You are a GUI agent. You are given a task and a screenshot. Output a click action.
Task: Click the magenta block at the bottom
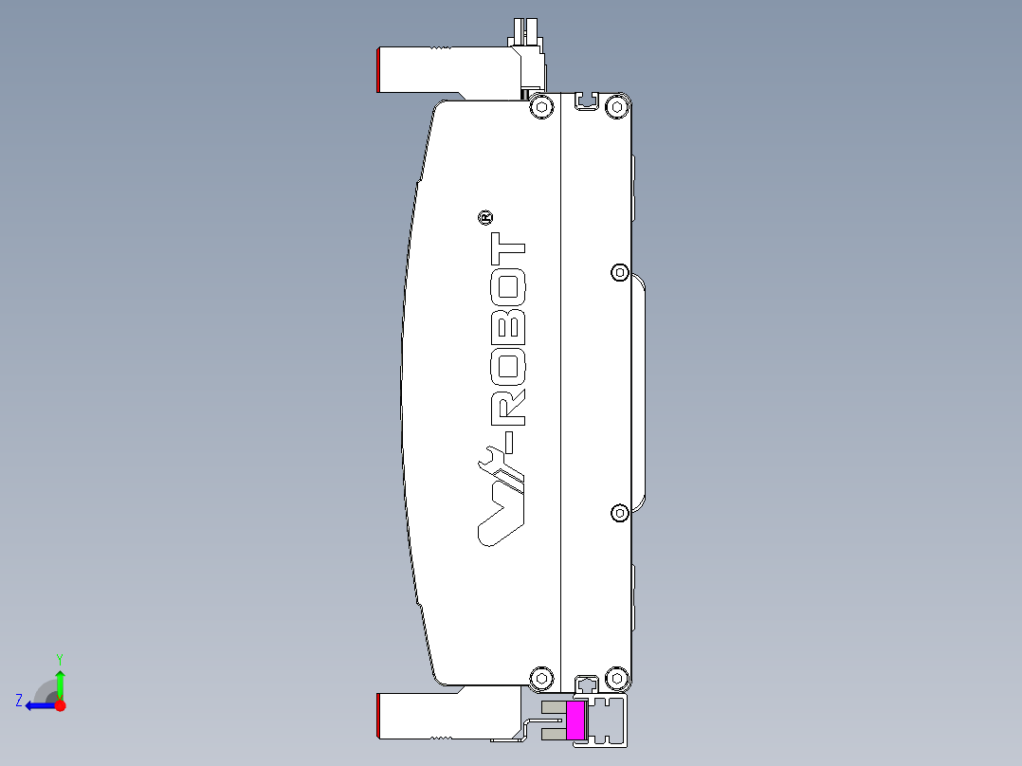(575, 720)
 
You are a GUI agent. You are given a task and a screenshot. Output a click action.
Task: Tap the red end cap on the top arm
(379, 70)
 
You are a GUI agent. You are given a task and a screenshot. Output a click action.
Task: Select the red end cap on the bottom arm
(379, 716)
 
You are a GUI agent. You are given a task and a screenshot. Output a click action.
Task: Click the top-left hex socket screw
(541, 106)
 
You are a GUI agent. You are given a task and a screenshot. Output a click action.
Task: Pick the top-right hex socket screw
(616, 106)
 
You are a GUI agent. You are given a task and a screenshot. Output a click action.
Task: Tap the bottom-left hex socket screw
(541, 678)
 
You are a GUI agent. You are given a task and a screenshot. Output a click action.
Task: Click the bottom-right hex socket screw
(616, 678)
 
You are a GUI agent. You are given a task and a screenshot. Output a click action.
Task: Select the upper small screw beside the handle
(619, 272)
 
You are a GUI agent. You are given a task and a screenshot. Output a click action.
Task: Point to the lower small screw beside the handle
(619, 513)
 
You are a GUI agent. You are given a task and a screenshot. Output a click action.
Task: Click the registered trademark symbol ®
(484, 219)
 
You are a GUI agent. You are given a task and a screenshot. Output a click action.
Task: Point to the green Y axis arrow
(60, 679)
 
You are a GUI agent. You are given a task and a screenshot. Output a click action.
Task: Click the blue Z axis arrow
(36, 705)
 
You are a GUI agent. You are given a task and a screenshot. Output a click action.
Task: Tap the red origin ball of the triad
(60, 705)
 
